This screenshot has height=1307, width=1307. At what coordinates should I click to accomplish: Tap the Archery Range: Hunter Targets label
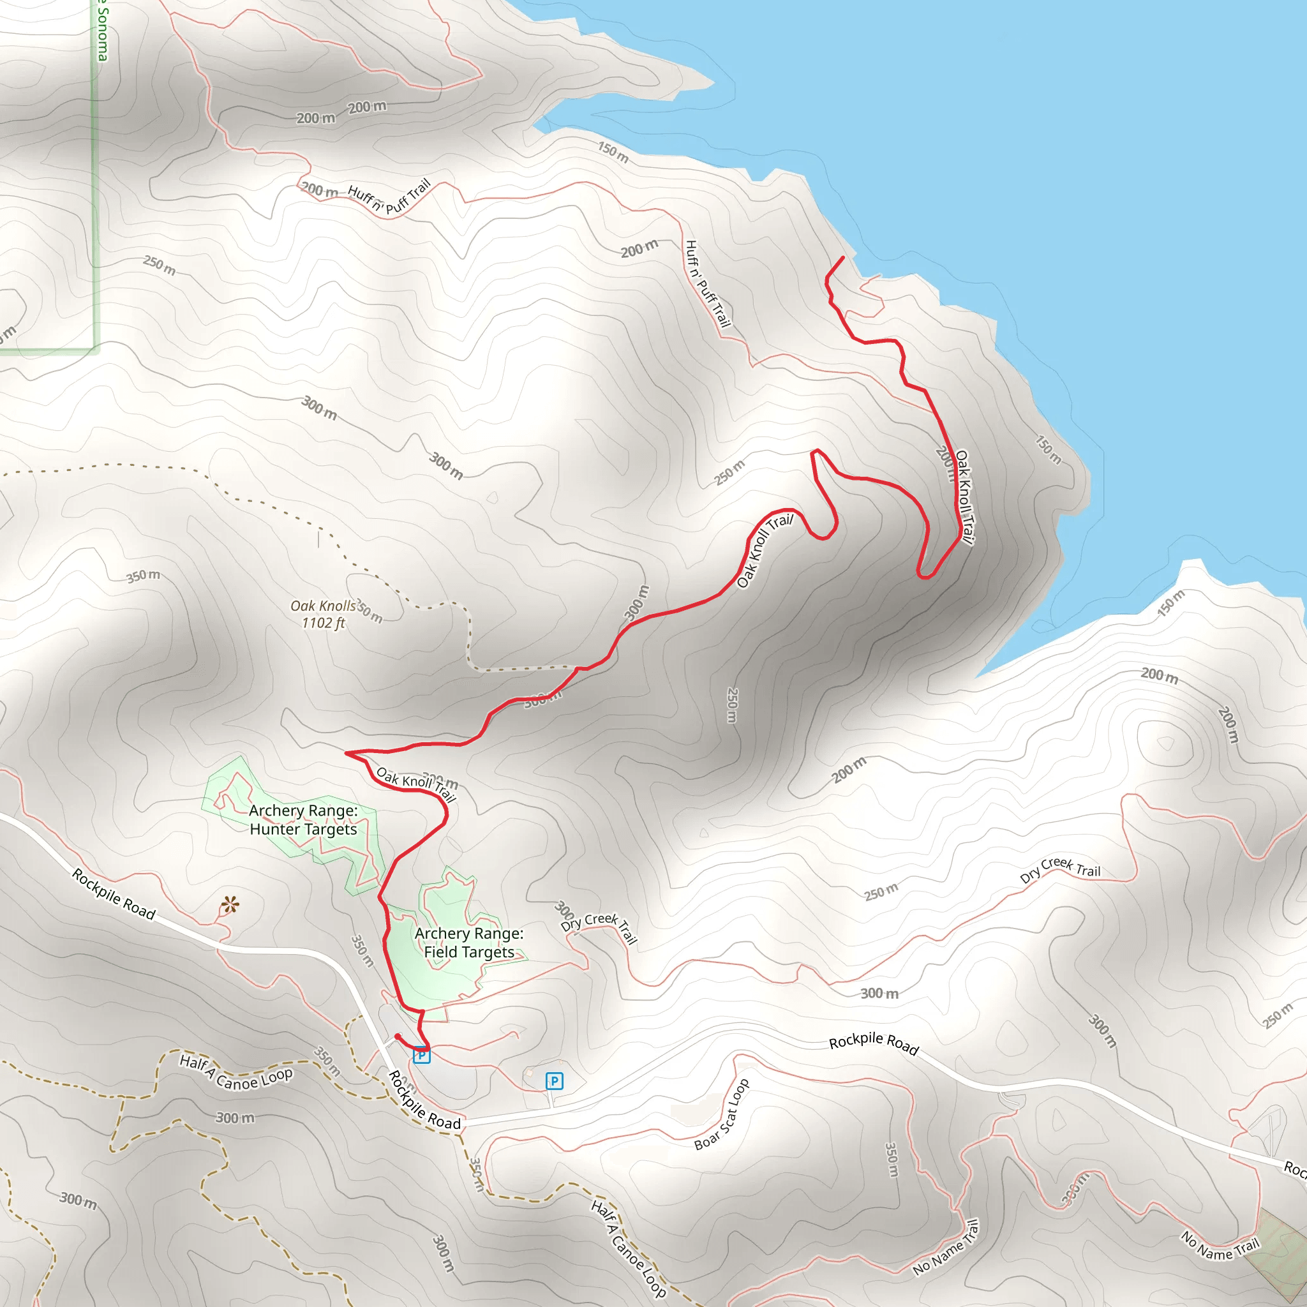click(x=303, y=819)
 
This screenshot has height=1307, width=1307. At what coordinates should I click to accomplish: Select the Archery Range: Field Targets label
click(x=469, y=943)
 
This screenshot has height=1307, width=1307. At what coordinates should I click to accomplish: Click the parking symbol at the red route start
click(x=421, y=1055)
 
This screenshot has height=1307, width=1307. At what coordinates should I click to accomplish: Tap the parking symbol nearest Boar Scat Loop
click(x=554, y=1081)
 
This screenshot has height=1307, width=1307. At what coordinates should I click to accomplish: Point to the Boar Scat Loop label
click(x=722, y=1114)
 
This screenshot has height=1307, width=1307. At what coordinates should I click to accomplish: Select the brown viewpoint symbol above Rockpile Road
click(x=229, y=904)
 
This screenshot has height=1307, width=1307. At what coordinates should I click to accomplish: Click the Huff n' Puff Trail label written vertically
click(x=708, y=283)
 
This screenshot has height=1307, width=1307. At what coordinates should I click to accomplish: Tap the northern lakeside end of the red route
click(x=842, y=258)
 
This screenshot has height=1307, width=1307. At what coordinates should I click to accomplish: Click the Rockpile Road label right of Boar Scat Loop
click(x=874, y=1045)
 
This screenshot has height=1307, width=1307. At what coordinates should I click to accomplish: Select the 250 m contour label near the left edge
click(x=160, y=265)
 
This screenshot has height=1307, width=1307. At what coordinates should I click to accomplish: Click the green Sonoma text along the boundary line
click(x=102, y=31)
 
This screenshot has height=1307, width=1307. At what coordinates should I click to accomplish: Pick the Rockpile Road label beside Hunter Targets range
click(x=114, y=895)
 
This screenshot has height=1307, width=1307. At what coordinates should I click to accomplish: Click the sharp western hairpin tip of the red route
click(x=347, y=752)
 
